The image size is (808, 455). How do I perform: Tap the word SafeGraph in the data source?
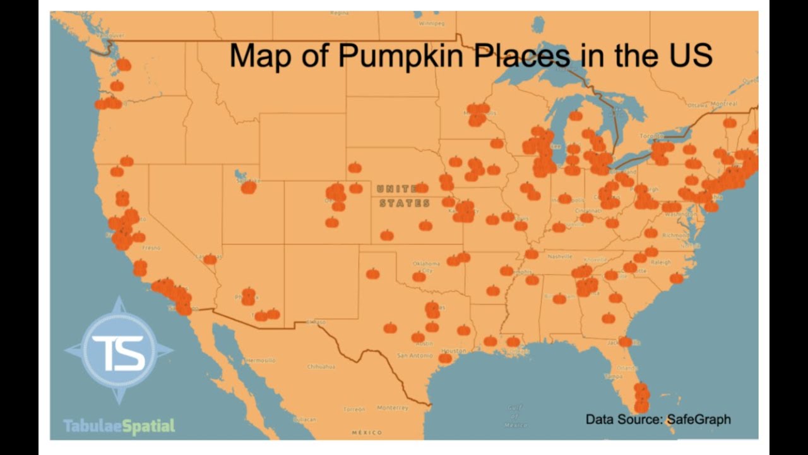point(698,419)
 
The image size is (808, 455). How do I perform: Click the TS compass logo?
point(119,351)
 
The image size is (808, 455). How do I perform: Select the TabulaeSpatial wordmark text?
point(119,426)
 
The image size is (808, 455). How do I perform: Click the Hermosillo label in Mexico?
point(260,360)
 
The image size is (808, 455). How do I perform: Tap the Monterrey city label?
point(393,408)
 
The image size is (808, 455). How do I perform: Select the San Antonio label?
point(415,355)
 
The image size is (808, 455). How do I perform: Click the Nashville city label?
point(559,257)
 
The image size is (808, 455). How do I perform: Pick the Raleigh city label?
point(661,262)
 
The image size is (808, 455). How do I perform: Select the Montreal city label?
point(723,104)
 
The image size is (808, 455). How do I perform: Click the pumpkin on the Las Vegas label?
point(210,259)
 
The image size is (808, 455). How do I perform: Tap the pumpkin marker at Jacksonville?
point(625,341)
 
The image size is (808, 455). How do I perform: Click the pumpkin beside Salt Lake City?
point(248,187)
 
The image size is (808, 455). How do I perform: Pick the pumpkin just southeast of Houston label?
point(445,358)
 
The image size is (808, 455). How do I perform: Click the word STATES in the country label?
point(405,203)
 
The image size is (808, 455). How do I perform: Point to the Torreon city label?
point(354,409)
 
